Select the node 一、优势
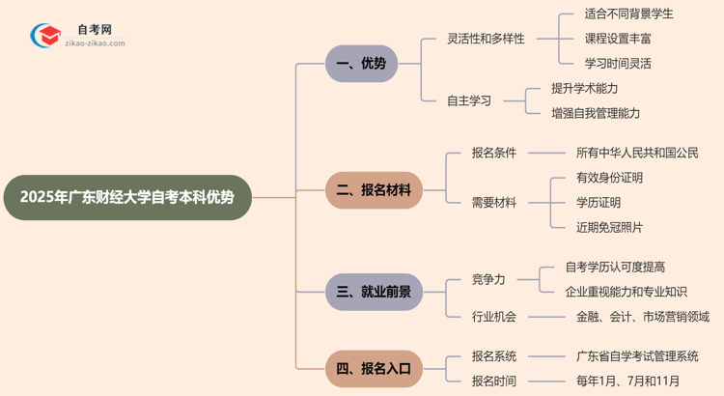click(361, 64)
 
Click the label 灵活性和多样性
click(486, 39)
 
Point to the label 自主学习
click(468, 100)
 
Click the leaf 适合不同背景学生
click(628, 14)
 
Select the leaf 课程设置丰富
click(617, 39)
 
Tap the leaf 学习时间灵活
click(617, 64)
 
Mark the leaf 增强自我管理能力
click(595, 113)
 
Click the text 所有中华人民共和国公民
click(636, 153)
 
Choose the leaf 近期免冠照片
click(608, 227)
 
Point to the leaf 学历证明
click(598, 203)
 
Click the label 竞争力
click(487, 279)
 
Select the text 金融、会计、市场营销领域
click(642, 316)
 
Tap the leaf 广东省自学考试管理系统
click(636, 356)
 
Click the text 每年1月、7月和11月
click(629, 381)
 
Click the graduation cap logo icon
click(45, 37)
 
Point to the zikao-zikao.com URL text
click(95, 43)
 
